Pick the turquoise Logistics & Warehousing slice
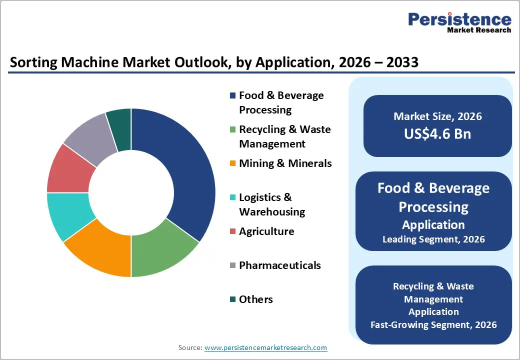pos(67,215)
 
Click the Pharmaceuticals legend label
pos(279,265)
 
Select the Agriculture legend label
pos(266,231)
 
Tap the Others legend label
pos(256,299)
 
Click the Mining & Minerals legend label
pos(285,163)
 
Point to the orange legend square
pos(232,163)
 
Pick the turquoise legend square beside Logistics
pos(232,197)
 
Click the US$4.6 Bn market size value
pos(437,133)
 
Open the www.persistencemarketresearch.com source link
pos(265,347)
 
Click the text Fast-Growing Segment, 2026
pos(433,324)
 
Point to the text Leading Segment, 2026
pos(433,239)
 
